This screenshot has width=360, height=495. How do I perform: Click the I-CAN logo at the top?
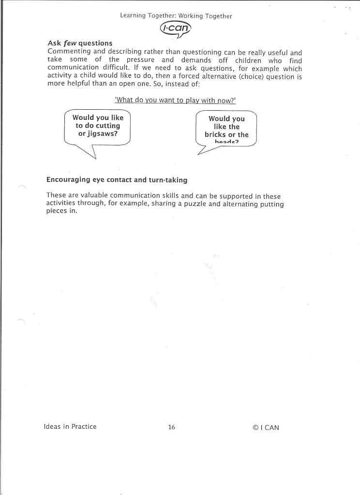pyautogui.click(x=175, y=30)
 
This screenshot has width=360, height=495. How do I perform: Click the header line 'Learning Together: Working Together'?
pyautogui.click(x=176, y=16)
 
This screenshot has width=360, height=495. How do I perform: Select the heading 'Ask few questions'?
pyautogui.click(x=80, y=44)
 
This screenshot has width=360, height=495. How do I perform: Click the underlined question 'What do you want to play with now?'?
pyautogui.click(x=175, y=100)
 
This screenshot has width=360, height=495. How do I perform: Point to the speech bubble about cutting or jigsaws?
pyautogui.click(x=98, y=127)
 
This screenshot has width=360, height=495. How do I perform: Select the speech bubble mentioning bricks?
pyautogui.click(x=226, y=128)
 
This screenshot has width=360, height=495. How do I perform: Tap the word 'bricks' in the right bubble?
pyautogui.click(x=215, y=135)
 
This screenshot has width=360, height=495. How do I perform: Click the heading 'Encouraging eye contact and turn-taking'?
pyautogui.click(x=117, y=180)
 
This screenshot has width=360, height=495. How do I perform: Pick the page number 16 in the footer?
pyautogui.click(x=171, y=427)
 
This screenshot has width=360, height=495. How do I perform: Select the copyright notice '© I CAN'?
pyautogui.click(x=266, y=427)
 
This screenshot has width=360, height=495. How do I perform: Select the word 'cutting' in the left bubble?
pyautogui.click(x=108, y=126)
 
